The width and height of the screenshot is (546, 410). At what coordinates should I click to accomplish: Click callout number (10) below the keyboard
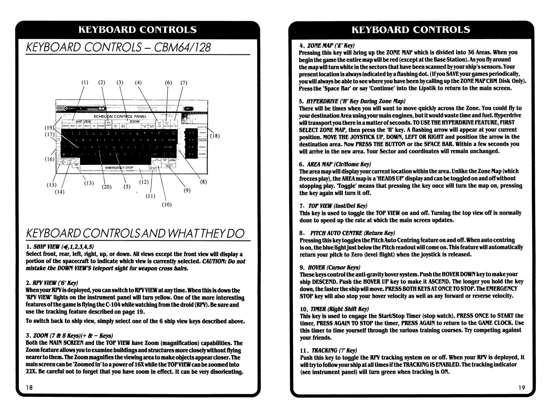click(167, 205)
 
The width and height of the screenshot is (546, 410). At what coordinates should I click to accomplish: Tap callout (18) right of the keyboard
click(215, 136)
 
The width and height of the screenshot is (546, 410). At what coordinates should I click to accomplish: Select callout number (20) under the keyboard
click(107, 187)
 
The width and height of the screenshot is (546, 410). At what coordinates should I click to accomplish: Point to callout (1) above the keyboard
click(85, 82)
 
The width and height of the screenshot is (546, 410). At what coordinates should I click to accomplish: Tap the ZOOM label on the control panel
click(134, 121)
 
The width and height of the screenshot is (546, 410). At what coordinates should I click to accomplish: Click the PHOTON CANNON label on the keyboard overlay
click(203, 140)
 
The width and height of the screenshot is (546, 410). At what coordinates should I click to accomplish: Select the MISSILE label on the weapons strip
click(203, 147)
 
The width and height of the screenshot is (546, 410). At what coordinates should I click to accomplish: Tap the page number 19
click(522, 388)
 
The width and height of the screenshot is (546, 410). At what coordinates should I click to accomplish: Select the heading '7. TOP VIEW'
click(333, 206)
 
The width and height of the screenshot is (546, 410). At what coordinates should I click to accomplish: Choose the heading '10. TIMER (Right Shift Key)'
click(334, 309)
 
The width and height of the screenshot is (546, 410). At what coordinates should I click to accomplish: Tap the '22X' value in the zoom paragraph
click(31, 372)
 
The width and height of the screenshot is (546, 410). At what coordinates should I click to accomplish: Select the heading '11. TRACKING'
click(328, 350)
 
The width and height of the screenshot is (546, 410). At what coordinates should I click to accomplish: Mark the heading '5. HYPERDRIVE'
click(352, 101)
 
